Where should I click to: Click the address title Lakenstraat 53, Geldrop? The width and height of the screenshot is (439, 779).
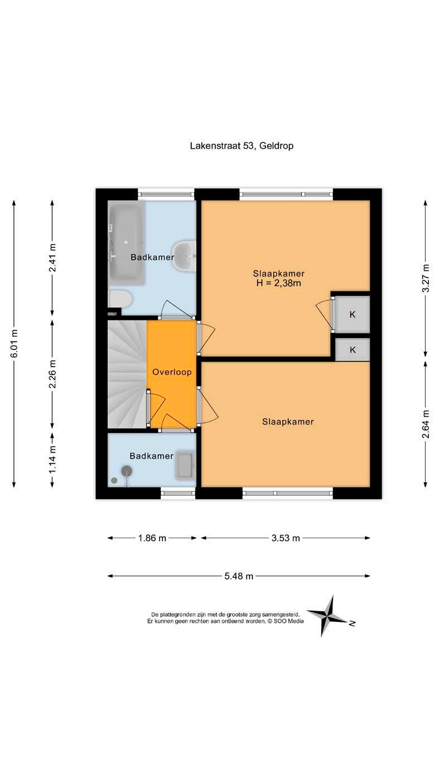tap(242, 146)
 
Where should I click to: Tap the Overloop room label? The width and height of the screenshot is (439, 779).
tap(172, 372)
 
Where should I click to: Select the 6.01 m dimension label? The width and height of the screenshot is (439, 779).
tap(14, 343)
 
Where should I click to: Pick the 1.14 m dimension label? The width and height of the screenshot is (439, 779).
tap(52, 459)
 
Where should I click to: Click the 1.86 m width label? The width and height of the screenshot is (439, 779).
tap(152, 538)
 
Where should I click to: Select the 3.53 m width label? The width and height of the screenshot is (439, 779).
tap(286, 538)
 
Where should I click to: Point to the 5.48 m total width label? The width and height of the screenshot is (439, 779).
tap(239, 576)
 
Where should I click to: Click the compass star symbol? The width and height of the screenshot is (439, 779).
tap(329, 616)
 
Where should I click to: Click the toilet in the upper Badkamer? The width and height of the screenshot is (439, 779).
tap(120, 299)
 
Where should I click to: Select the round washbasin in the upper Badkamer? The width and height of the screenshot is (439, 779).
tap(184, 256)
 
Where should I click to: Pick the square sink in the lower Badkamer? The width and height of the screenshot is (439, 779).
tap(186, 465)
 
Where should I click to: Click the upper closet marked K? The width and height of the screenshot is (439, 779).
tap(353, 314)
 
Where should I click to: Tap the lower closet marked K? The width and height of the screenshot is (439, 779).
tap(353, 349)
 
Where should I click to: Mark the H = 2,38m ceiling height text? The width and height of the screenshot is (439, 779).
tap(278, 283)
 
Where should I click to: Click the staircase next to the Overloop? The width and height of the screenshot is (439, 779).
tap(127, 374)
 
